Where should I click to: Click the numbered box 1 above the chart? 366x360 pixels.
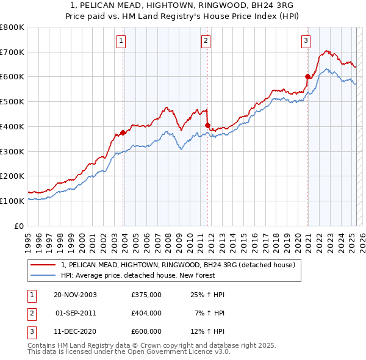click(121, 41)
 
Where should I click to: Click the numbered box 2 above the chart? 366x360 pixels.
click(206, 41)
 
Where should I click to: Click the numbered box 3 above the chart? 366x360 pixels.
click(306, 41)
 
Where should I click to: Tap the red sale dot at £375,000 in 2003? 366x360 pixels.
click(123, 132)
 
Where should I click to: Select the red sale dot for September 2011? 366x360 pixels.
click(207, 125)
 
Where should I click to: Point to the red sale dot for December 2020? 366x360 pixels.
click(307, 76)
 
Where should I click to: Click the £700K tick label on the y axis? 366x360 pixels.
click(12, 52)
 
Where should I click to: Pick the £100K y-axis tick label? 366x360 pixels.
click(12, 201)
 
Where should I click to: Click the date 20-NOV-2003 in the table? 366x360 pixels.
click(75, 295)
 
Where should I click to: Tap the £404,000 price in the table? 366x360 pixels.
click(146, 313)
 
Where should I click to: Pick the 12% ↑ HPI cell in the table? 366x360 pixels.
click(207, 331)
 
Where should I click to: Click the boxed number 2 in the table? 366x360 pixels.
click(31, 313)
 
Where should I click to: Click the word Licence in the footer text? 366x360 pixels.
click(194, 352)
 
